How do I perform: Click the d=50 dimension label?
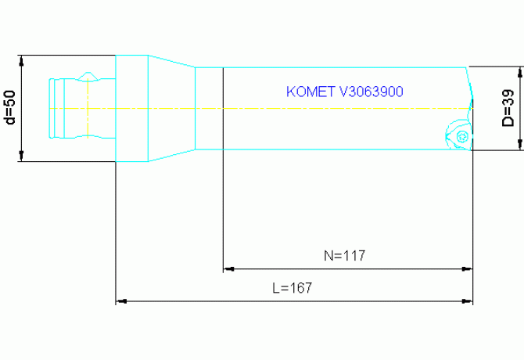(9, 108)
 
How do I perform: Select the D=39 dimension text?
(507, 108)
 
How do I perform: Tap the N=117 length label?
(345, 255)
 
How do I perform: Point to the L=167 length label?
(292, 287)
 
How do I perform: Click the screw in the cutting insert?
(461, 136)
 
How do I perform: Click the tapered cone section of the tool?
(171, 108)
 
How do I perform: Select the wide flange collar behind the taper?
(132, 108)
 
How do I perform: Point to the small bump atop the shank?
(89, 76)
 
